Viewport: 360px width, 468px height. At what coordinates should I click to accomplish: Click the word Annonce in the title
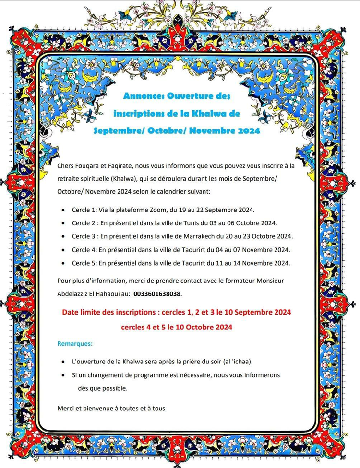pyautogui.click(x=140, y=96)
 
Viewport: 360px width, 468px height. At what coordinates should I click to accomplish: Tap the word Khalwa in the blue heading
pyautogui.click(x=206, y=114)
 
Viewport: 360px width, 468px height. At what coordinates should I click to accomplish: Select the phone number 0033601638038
pyautogui.click(x=157, y=293)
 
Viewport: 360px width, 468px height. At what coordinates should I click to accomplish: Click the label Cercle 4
pyautogui.click(x=84, y=250)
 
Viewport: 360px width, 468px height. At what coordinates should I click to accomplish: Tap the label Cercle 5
pyautogui.click(x=84, y=263)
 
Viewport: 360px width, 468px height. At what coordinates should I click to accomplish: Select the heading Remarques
pyautogui.click(x=75, y=344)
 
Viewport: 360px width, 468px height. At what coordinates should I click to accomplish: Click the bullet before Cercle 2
pyautogui.click(x=64, y=223)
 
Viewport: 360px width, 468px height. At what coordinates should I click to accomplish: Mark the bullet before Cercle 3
pyautogui.click(x=64, y=237)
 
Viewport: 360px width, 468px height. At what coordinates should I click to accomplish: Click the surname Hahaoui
pyautogui.click(x=114, y=293)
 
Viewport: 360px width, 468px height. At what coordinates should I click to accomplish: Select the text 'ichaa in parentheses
pyautogui.click(x=241, y=362)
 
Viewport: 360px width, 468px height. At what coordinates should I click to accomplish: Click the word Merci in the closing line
pyautogui.click(x=65, y=409)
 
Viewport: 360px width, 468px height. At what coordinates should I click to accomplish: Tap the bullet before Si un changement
pyautogui.click(x=64, y=375)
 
